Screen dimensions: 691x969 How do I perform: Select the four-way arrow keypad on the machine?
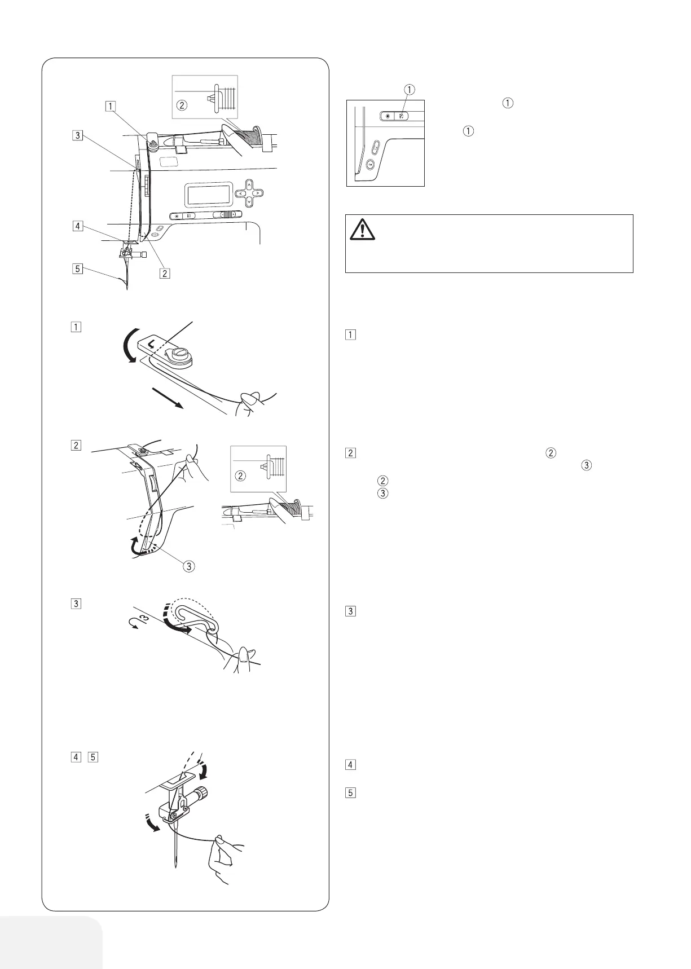click(x=249, y=193)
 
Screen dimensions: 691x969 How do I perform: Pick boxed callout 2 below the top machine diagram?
click(x=164, y=274)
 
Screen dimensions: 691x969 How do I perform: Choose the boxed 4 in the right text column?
click(x=350, y=765)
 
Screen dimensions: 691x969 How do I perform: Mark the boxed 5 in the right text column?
click(x=350, y=792)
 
